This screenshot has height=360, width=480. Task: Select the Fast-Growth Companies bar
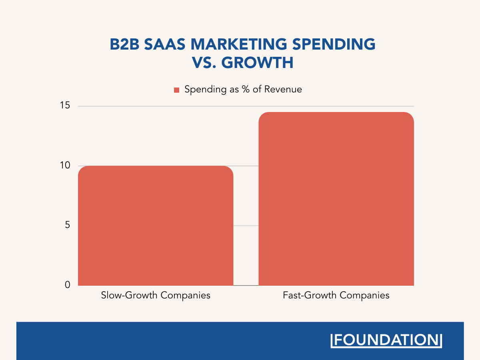coord(336,198)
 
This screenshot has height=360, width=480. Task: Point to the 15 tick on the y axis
coord(65,106)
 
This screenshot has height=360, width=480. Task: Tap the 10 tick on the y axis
coord(65,166)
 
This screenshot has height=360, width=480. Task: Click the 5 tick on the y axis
coord(67,225)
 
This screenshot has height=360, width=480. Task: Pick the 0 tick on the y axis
coord(67,285)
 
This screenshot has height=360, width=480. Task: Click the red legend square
coord(177,90)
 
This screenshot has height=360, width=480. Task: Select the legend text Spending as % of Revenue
coord(243,89)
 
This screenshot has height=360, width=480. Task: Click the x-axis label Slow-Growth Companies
coord(156,296)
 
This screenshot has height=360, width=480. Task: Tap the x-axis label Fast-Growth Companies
coord(336,296)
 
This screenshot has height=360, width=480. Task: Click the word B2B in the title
coord(124,44)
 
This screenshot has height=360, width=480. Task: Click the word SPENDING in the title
coord(334,44)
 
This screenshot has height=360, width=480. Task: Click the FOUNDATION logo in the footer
coord(386,340)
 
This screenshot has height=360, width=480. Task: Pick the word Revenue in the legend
coord(284,89)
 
